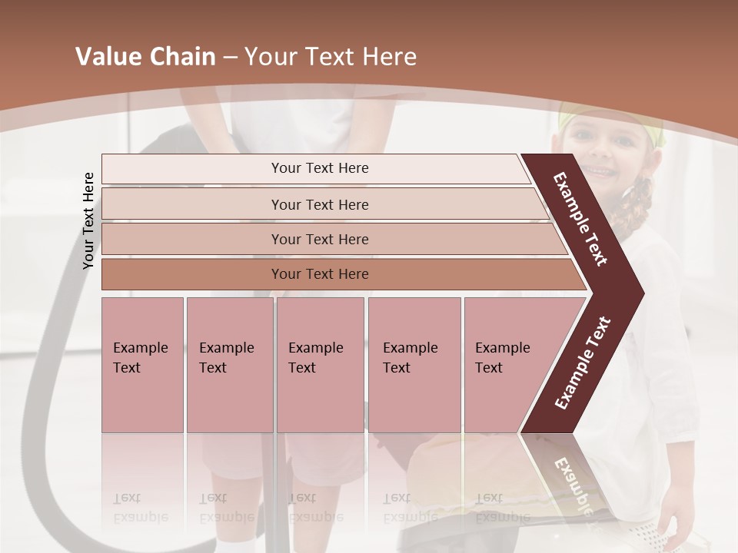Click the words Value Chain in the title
click(145, 57)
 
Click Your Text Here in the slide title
click(331, 57)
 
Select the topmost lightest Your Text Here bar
click(319, 169)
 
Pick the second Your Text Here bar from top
click(319, 205)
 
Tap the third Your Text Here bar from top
click(319, 240)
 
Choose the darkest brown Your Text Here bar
click(319, 274)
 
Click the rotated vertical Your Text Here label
click(88, 220)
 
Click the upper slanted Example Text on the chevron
click(580, 218)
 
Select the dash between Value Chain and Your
click(229, 58)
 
